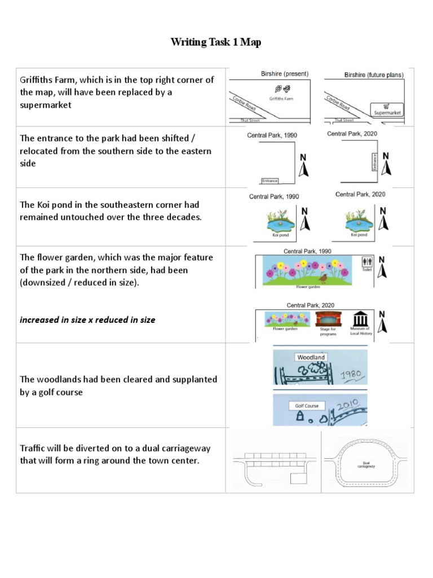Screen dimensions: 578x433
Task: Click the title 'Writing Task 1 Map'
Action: [216, 42]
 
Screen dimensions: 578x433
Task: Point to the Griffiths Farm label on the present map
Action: [282, 99]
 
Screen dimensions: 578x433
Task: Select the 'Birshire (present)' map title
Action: [285, 74]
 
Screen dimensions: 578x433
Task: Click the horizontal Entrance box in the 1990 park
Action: [269, 181]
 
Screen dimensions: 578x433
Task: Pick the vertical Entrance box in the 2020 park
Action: [374, 161]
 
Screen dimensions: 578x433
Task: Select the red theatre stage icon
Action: [328, 319]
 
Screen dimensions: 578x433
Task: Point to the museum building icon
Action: [360, 319]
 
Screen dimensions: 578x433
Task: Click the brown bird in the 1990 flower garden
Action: [323, 278]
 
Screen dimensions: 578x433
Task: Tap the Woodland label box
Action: [311, 357]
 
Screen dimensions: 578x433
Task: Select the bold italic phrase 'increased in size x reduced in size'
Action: [87, 319]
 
